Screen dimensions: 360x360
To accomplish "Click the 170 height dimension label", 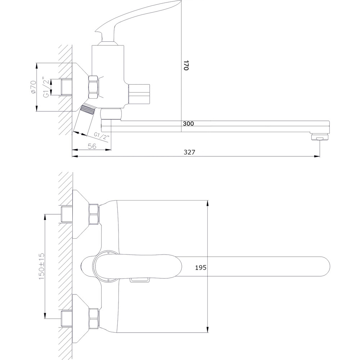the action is pos(186,66).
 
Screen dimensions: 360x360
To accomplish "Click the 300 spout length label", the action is pos(188,123).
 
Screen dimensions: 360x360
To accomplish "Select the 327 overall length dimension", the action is pos(189,152).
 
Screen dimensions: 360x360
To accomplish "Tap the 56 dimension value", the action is pos(92,146).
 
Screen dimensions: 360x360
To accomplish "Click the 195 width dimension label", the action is pos(201,267).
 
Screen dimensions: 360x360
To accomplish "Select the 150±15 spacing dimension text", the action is pos(41,266).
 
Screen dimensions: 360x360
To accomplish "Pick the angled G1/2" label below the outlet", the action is pos(101,136).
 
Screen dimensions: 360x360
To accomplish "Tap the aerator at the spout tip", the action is pos(320,137).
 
